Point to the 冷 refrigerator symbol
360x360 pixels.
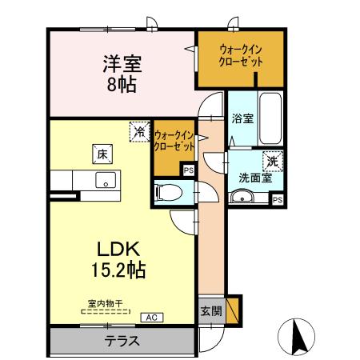(140, 131)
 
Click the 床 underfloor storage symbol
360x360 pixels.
(102, 153)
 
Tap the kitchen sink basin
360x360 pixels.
(105, 180)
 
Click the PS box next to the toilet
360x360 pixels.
(188, 170)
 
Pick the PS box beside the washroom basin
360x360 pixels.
(277, 200)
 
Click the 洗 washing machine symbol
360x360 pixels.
(274, 161)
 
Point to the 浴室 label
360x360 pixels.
(243, 119)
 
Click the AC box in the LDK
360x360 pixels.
(150, 318)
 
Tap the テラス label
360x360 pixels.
(122, 341)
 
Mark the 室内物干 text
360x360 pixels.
(105, 305)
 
